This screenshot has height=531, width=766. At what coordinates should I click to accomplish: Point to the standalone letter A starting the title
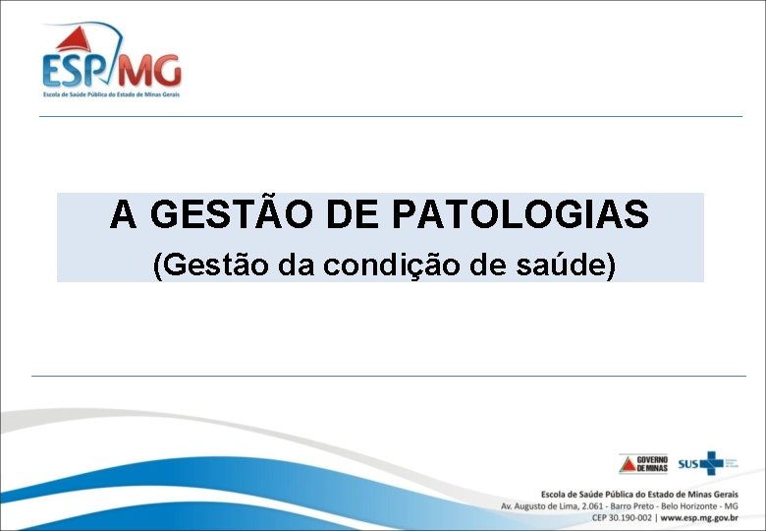point(123,213)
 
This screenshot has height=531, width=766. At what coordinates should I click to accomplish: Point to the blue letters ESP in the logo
point(74,72)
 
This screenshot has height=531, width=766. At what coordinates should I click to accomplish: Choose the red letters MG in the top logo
point(155,71)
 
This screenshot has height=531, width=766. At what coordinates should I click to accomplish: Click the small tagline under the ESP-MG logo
point(111,94)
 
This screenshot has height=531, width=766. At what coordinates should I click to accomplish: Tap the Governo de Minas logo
point(643,463)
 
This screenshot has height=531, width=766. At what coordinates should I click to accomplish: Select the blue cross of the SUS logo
point(709,462)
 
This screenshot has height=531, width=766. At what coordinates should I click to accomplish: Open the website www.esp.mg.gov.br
point(698,517)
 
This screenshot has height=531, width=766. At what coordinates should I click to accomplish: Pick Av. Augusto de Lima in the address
point(541,505)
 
